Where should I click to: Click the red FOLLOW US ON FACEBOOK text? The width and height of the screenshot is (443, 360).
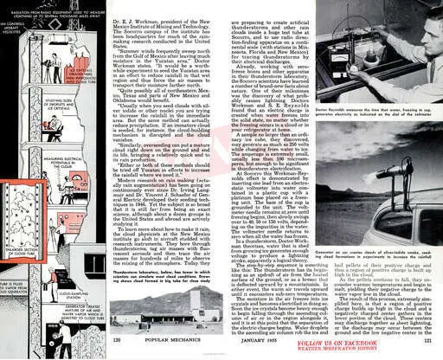(x=376, y=344)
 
